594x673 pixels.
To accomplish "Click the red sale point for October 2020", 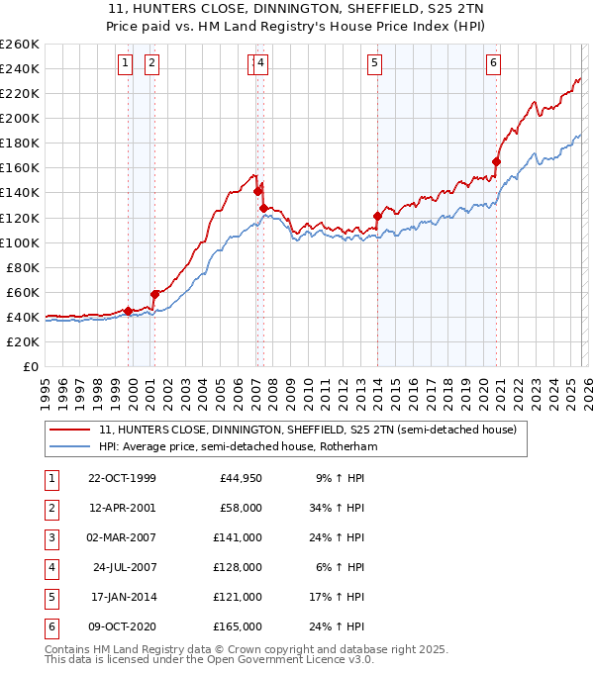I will [x=496, y=161].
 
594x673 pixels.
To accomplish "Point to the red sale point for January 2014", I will [x=377, y=216].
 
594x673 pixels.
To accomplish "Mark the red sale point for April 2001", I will [x=154, y=294].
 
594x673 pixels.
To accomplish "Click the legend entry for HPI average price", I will [x=238, y=447].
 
